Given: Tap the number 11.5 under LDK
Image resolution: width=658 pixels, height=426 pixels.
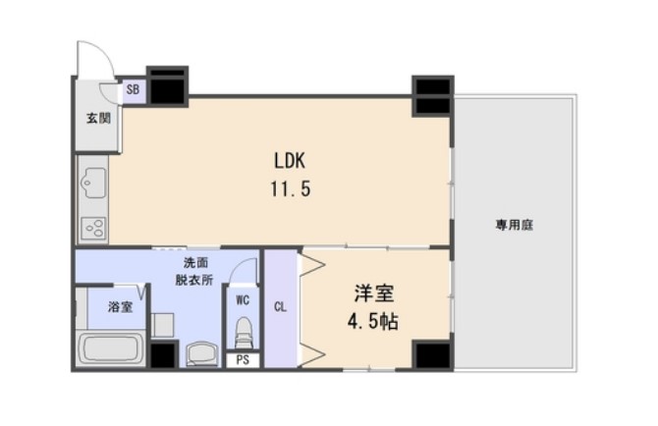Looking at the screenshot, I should coord(292,189).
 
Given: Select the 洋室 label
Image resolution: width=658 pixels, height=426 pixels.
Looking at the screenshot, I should coord(374,293).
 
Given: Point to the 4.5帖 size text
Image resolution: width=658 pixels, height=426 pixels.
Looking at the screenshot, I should coord(374,321).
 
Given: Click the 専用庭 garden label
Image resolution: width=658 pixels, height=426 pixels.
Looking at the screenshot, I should coord(514,225).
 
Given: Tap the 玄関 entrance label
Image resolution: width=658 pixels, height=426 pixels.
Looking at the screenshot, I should coord(97,119).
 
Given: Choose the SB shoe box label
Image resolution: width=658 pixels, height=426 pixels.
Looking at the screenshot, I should coord(133,90).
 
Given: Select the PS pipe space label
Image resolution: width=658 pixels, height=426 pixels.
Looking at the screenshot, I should coord(243,360).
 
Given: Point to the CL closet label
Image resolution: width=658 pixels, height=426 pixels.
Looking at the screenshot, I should coord(280,305).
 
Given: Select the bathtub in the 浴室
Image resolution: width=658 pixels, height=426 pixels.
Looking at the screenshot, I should coord(111,348).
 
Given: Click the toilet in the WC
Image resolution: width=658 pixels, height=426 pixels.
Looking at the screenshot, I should coord(243,332).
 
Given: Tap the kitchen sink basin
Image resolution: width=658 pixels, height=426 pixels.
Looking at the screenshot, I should coord(94,181).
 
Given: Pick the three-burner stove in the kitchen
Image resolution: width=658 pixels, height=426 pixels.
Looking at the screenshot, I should coord(94,228).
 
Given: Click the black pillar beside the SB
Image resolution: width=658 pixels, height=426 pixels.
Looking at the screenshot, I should coord(167,86).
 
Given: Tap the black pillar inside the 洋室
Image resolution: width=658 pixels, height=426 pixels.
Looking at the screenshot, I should coord(430,354).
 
